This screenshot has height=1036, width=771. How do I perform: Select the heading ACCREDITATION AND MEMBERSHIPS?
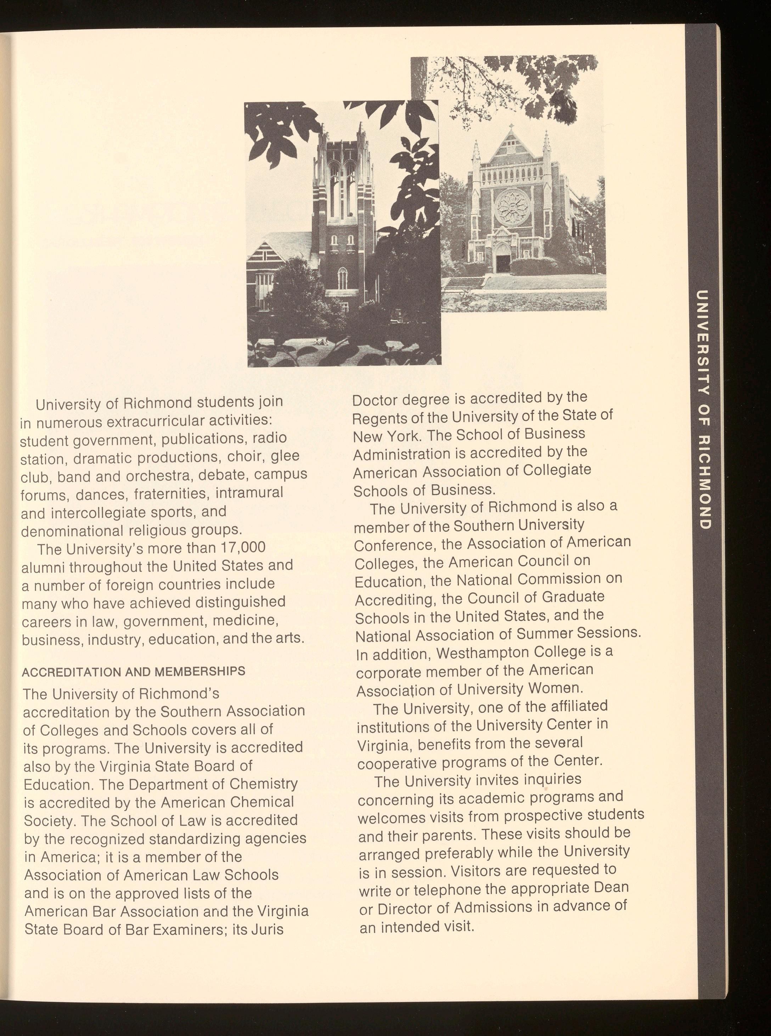point(134,672)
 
